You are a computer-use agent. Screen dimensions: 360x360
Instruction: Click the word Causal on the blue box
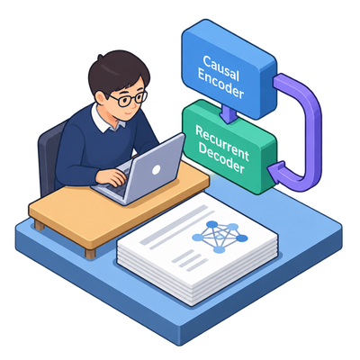[221, 67]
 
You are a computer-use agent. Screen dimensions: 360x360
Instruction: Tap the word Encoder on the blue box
[220, 84]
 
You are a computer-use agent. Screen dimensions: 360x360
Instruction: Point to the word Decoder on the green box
[221, 158]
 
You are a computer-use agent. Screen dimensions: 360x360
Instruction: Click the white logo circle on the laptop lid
[156, 170]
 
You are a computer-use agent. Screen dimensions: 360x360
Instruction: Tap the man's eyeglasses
[129, 99]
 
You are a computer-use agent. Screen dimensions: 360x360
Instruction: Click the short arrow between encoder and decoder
[229, 114]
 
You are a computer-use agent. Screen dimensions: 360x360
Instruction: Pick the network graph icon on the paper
[220, 237]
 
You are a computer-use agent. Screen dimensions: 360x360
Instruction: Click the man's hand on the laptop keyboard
[111, 177]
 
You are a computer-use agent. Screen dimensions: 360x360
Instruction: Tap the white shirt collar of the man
[106, 119]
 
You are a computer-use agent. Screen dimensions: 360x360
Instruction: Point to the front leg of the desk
[90, 254]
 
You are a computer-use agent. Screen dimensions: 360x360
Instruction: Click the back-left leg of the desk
[40, 225]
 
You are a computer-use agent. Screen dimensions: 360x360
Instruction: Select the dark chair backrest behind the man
[49, 156]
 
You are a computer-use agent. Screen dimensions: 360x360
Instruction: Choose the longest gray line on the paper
[174, 224]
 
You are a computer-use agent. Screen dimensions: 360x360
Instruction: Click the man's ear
[100, 97]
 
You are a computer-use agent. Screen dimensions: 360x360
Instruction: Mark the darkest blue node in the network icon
[242, 238]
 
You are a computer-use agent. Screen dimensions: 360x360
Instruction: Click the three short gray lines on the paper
[190, 261]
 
